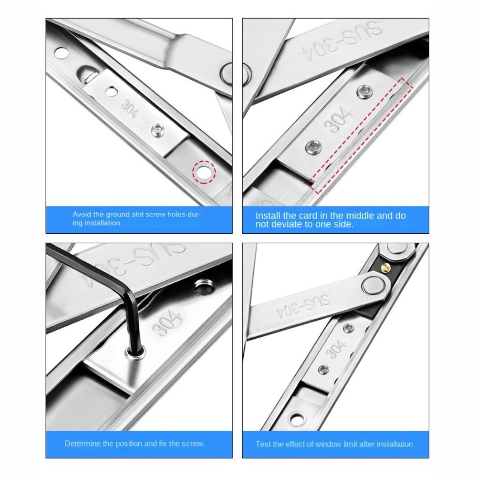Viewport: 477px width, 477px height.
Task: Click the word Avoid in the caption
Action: point(82,215)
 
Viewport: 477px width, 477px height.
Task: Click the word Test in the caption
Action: point(263,444)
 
